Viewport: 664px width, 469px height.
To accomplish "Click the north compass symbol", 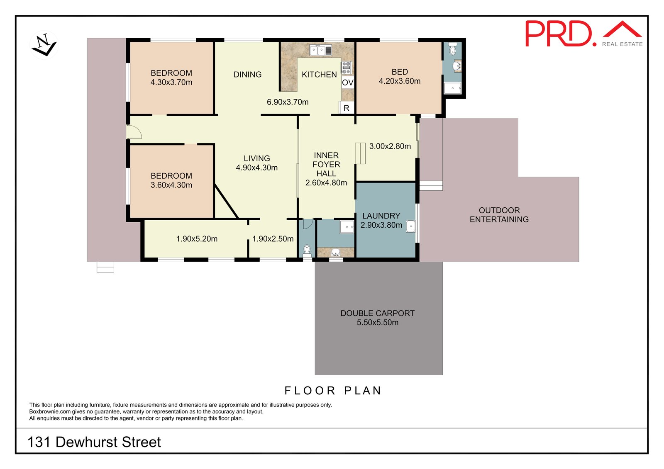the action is (44, 45).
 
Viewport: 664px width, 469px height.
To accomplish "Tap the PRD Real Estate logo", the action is (583, 34).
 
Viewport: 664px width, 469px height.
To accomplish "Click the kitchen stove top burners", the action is (347, 68).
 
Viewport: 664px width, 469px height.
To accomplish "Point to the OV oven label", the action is (348, 83).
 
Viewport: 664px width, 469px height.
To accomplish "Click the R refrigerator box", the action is (347, 108).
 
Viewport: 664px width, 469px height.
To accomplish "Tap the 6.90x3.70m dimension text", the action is (288, 102).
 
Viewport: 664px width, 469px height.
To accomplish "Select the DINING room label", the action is (247, 75).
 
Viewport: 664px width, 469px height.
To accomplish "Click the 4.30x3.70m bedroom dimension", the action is (171, 83).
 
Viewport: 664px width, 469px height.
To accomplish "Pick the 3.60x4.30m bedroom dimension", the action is (171, 185).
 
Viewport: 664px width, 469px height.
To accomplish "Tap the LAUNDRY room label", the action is (381, 216).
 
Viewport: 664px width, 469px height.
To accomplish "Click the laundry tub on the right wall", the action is (410, 226).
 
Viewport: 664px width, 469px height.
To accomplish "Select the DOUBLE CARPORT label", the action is (377, 313).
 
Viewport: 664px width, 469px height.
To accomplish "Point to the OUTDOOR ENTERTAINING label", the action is (499, 215).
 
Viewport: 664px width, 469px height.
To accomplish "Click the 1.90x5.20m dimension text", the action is (197, 239).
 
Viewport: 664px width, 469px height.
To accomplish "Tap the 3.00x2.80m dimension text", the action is (390, 146).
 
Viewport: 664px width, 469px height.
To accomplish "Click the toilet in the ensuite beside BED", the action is (452, 49).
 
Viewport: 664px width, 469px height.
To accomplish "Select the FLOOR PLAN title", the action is (333, 391).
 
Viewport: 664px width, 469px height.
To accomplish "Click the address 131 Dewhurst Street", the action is (94, 442).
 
